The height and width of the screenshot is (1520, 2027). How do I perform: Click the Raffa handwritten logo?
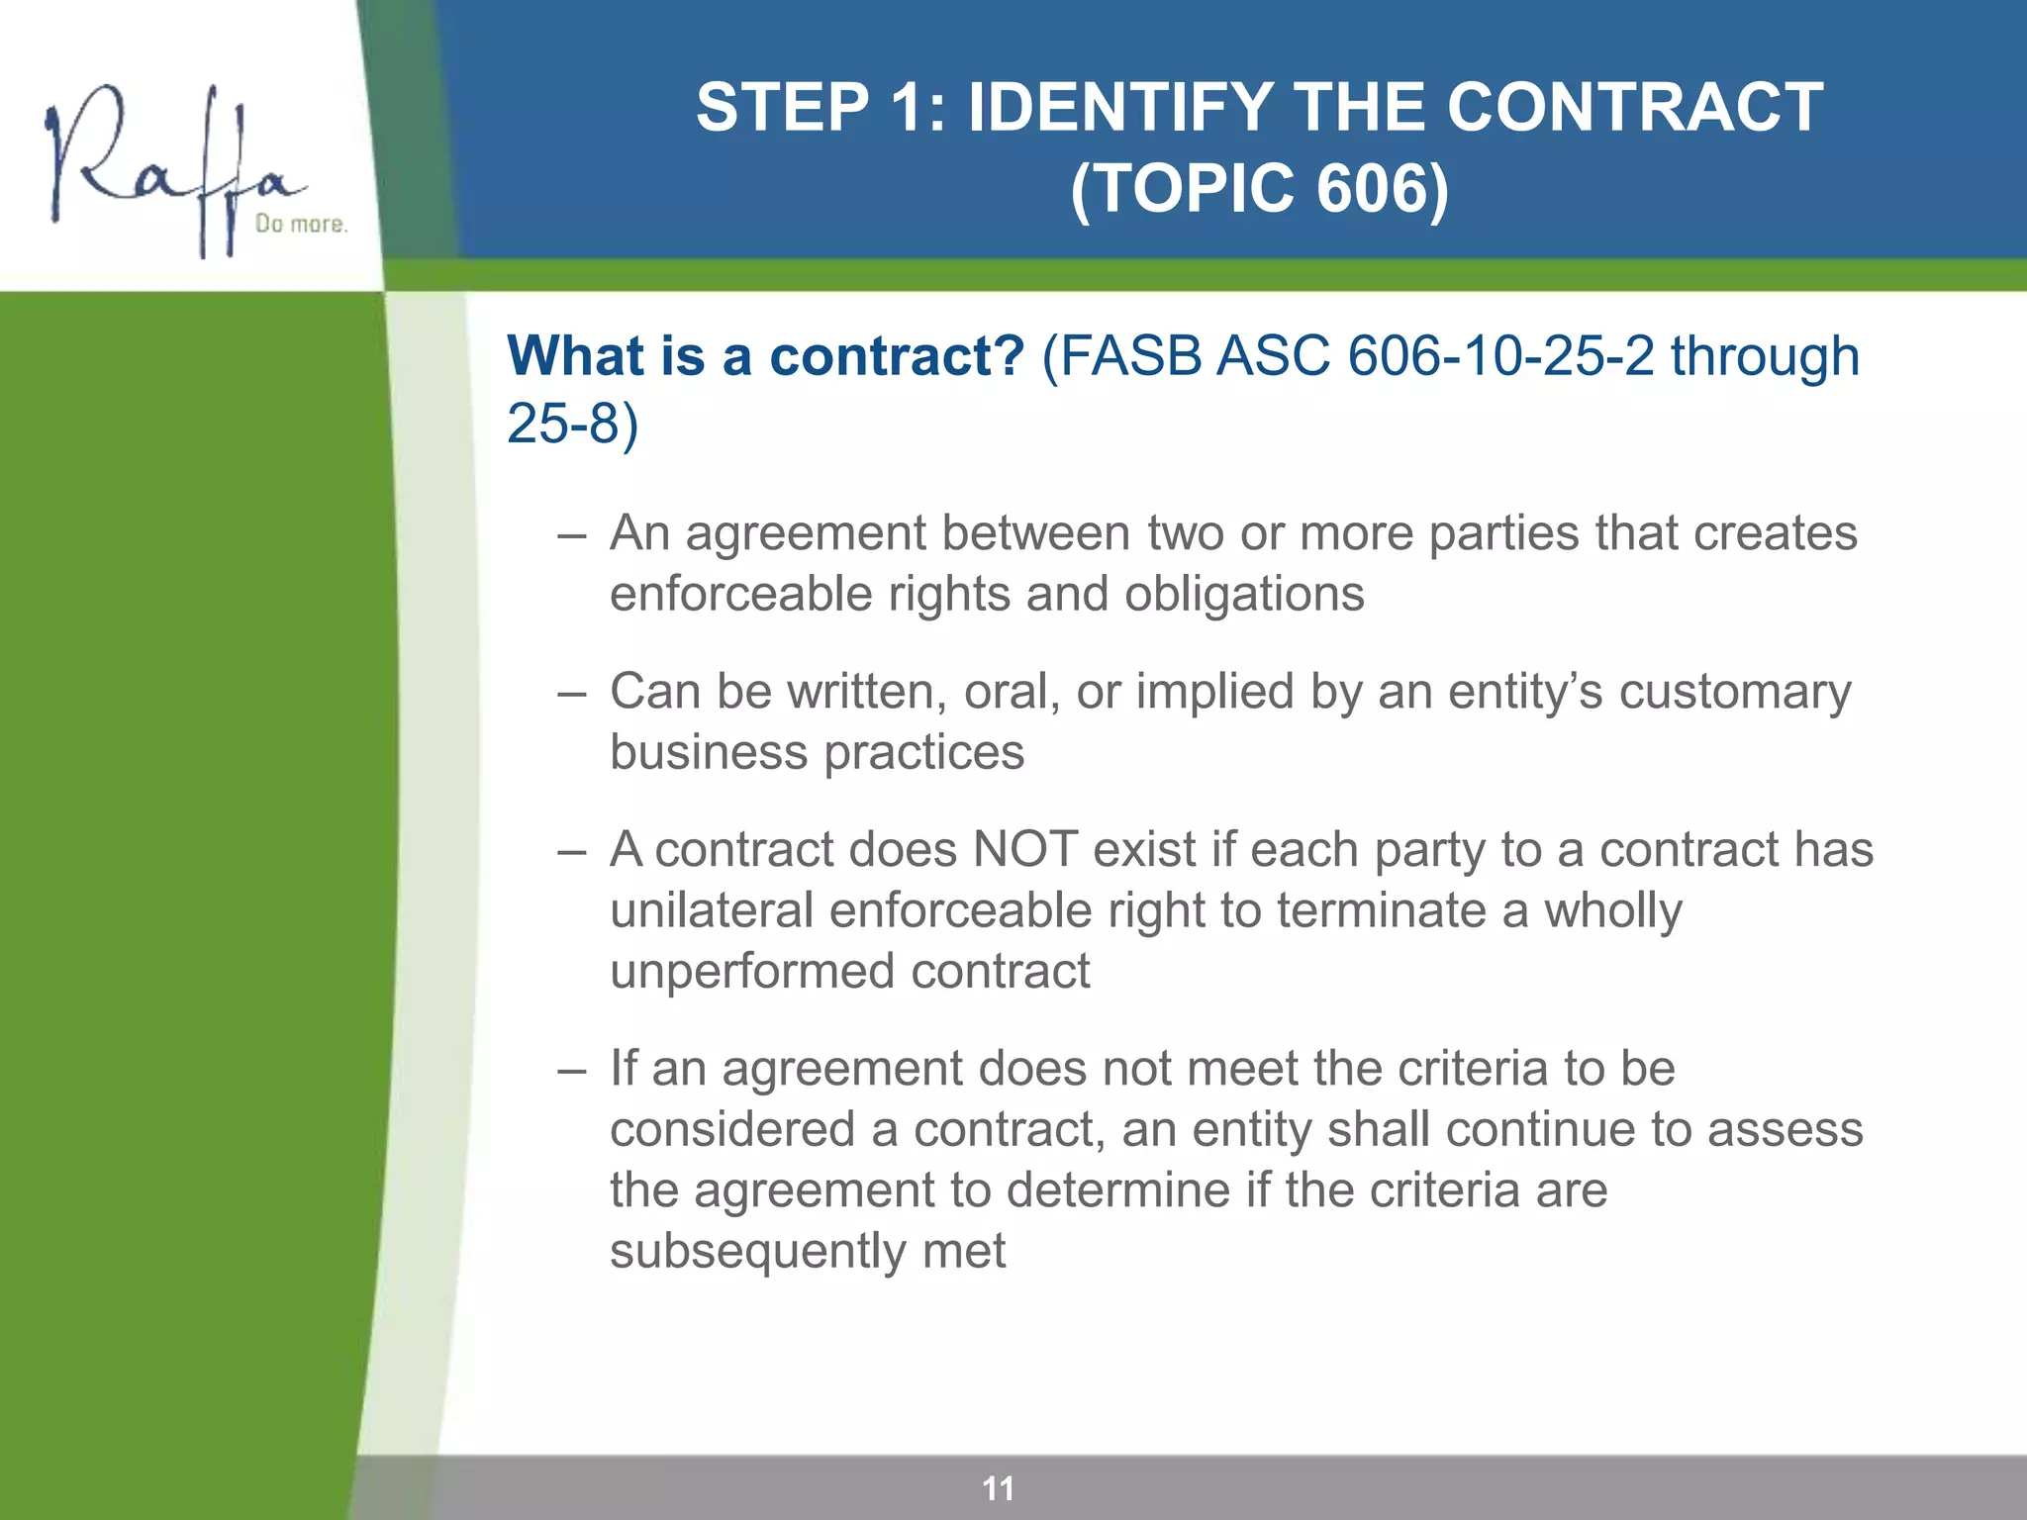coord(168,168)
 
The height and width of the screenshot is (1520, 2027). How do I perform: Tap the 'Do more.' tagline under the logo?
coord(301,225)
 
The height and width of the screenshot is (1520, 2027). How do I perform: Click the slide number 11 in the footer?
coord(998,1488)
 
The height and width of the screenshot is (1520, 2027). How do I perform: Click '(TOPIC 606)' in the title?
coord(1259,188)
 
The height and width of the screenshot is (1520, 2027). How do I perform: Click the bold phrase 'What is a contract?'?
coord(765,356)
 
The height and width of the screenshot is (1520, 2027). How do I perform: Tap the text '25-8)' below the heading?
coord(572,424)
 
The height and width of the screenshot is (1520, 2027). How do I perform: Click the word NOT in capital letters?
coord(1024,850)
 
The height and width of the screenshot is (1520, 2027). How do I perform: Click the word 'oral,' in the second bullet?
coord(1011,692)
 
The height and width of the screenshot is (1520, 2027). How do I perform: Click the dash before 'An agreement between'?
coord(571,535)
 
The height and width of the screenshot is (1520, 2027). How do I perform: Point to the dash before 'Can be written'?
coord(571,694)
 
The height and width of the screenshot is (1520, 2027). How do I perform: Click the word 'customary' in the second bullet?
coord(1734,692)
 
